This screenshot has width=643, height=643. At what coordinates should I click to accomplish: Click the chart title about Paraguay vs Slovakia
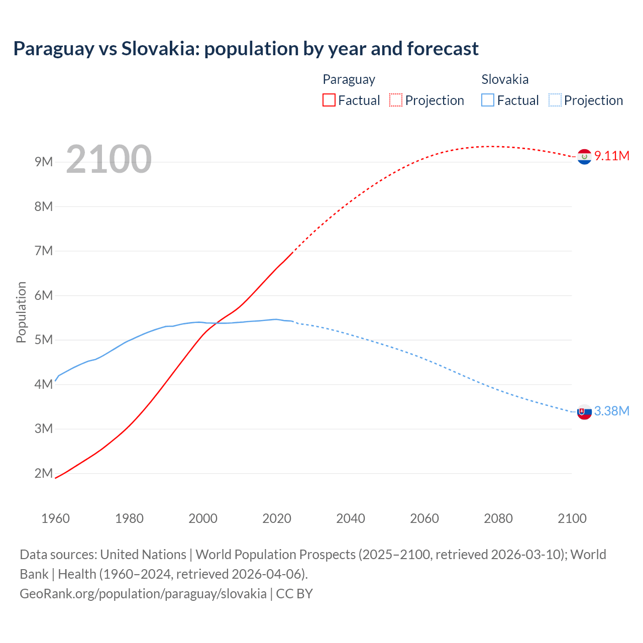[246, 49]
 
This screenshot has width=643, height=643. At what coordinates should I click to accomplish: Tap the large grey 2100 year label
[109, 159]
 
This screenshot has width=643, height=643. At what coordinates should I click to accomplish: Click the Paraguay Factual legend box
[329, 100]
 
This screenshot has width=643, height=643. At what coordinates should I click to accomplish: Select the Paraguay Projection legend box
[395, 100]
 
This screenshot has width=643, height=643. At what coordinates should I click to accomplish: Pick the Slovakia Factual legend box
[487, 100]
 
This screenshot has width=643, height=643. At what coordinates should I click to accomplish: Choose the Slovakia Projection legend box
[555, 100]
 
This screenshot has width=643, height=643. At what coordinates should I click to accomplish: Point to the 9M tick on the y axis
[44, 162]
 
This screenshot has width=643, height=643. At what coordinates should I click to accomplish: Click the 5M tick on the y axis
[44, 340]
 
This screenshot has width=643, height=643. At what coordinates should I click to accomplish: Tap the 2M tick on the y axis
[44, 473]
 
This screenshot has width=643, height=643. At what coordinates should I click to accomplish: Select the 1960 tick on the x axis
[55, 518]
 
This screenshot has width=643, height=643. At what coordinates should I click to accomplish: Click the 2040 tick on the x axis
[351, 518]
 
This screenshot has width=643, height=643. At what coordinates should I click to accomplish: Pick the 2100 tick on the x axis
[572, 518]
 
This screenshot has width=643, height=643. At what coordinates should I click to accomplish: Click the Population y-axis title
[21, 312]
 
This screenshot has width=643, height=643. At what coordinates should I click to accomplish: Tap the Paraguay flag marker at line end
[584, 157]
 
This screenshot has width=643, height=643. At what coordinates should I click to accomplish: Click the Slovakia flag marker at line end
[584, 412]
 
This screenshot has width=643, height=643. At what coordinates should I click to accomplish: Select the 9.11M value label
[612, 156]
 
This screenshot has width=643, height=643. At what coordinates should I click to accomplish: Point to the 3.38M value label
[612, 411]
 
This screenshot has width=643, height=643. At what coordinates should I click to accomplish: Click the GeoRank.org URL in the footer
[143, 594]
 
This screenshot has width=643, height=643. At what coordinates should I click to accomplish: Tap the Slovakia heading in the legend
[505, 79]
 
